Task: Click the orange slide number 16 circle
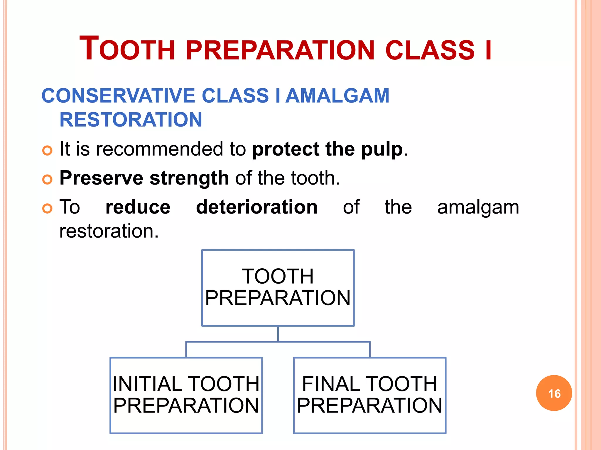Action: click(554, 393)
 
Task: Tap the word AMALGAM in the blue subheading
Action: click(337, 96)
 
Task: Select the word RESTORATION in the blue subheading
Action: click(131, 120)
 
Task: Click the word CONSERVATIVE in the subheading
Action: click(118, 96)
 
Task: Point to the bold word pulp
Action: click(382, 149)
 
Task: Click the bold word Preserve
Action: click(101, 178)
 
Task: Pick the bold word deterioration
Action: click(257, 207)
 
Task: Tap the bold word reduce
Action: click(138, 207)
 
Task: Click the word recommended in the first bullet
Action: click(160, 149)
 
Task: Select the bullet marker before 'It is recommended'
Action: click(47, 151)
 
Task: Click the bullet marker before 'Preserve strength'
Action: click(47, 179)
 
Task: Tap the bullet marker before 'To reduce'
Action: click(47, 208)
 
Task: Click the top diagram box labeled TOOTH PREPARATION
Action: click(278, 288)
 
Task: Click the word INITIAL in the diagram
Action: click(148, 384)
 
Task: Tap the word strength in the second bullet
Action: click(189, 178)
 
